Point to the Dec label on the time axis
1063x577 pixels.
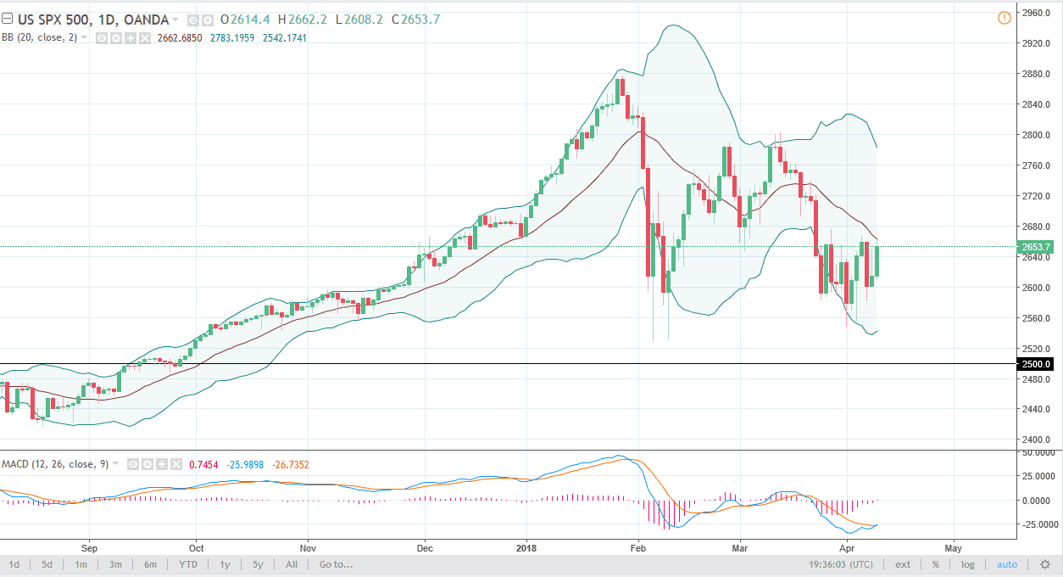tap(425, 548)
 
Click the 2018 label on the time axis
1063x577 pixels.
tap(526, 548)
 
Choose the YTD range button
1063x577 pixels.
tap(188, 564)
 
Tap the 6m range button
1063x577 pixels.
tap(150, 564)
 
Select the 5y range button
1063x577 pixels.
tap(258, 564)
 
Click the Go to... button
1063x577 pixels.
tap(336, 564)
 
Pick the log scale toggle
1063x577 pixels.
tap(968, 564)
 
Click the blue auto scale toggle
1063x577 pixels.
tap(1007, 564)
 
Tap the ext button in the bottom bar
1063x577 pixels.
tap(903, 564)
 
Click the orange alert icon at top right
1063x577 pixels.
tap(1005, 17)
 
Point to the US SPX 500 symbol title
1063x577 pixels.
tap(53, 20)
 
